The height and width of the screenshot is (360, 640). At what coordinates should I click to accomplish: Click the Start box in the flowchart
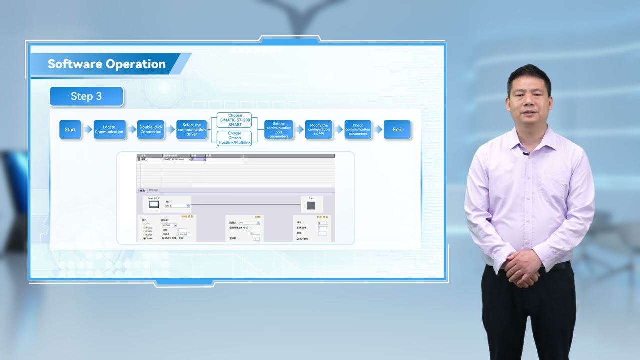point(70,130)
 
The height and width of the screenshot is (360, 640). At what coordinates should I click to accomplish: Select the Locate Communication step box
point(109,130)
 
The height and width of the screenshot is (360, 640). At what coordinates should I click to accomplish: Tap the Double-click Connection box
point(151,130)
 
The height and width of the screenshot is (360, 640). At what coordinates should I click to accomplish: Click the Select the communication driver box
point(192,130)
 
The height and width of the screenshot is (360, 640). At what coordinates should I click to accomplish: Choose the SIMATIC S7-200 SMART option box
point(235,120)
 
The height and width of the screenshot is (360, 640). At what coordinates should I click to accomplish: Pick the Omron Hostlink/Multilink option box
point(235,138)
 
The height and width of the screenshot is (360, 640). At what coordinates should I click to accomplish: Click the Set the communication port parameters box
point(279,130)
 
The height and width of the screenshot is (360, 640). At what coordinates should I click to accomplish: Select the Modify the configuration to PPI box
point(319,130)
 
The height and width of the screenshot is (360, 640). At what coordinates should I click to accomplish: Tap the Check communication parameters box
point(358,130)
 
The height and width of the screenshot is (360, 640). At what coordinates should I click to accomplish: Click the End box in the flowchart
point(397,130)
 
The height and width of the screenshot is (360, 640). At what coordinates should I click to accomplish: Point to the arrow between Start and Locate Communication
point(87,130)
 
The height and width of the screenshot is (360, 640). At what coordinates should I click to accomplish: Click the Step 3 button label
point(86,96)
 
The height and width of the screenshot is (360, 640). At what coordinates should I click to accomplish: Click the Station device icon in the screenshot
point(311,205)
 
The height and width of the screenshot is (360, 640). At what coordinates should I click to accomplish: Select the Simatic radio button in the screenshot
point(145,238)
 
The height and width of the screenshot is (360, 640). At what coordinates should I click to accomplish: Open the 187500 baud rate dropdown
point(170,225)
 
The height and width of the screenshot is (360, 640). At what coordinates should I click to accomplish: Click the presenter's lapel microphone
point(526,153)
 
